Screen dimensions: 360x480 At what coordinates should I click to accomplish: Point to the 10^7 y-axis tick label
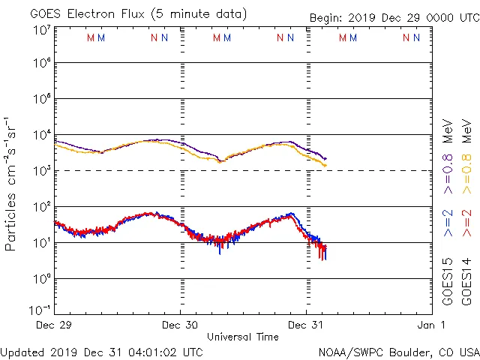pos(41,30)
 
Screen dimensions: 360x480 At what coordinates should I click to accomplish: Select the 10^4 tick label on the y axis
pos(41,135)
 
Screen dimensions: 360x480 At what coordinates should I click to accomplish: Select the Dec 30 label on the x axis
pos(181,325)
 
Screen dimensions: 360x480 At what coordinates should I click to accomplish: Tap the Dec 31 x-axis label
pos(306,325)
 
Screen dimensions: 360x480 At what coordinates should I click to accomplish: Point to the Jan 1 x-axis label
pos(432,325)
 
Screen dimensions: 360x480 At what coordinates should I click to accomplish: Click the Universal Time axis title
pos(243,337)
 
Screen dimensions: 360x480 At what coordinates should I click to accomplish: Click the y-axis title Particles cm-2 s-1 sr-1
pos(10,184)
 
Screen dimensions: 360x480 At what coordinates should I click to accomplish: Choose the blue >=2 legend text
pos(448,223)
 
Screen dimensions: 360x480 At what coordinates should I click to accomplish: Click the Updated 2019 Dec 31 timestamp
pos(102,352)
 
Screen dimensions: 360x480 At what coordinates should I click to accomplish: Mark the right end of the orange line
pos(325,165)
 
